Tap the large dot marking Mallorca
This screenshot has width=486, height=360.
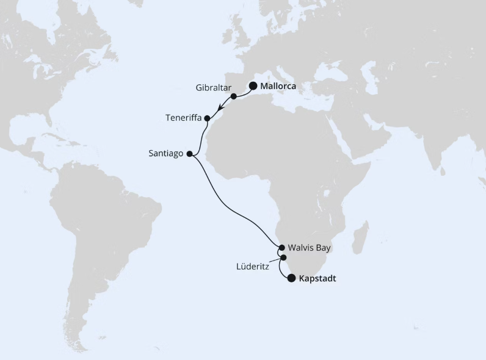click(x=253, y=86)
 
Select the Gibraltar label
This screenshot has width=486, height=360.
click(x=213, y=88)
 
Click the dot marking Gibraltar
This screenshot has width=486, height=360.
click(x=234, y=96)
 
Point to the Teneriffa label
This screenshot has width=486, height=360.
click(x=184, y=117)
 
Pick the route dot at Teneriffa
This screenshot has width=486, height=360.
click(x=207, y=118)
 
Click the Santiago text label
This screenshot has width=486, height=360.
click(x=166, y=154)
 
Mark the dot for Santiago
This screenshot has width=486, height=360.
click(x=189, y=154)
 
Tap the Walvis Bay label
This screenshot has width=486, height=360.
click(x=309, y=248)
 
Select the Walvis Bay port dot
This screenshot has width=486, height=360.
click(x=281, y=248)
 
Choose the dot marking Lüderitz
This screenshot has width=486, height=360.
click(x=283, y=257)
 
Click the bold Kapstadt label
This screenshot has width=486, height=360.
click(x=317, y=279)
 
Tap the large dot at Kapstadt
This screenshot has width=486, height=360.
click(x=291, y=278)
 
